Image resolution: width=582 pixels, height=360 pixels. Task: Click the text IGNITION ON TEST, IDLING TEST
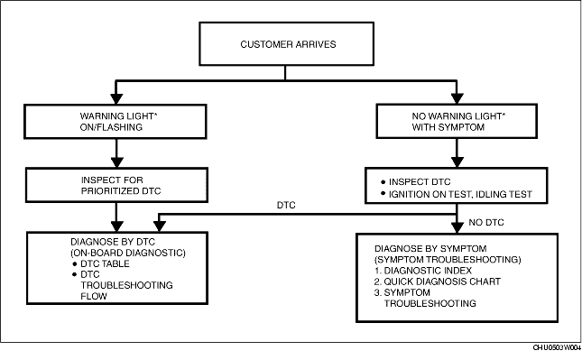[x=460, y=194]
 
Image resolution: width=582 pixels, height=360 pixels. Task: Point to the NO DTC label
[x=486, y=222]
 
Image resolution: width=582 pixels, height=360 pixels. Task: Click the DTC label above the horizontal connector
[x=286, y=205]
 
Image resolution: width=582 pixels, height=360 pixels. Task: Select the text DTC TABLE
[x=105, y=263]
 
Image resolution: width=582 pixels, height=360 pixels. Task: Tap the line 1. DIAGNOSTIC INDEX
[x=423, y=271]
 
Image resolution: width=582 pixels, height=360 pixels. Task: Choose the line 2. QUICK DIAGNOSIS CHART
[x=438, y=282]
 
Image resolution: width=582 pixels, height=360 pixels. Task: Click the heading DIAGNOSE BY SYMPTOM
[x=430, y=249]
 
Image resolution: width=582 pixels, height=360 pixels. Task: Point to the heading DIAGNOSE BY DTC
[x=113, y=242]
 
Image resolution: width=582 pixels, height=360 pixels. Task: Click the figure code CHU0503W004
[x=557, y=347]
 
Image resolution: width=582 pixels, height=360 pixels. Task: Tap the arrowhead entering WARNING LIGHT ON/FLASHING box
[x=116, y=98]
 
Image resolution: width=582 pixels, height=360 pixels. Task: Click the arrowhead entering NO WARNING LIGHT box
[x=457, y=98]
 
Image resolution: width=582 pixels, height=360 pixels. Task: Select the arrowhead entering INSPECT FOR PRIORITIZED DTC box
[x=117, y=162]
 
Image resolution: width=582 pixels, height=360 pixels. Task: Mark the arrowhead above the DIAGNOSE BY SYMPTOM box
[x=457, y=227]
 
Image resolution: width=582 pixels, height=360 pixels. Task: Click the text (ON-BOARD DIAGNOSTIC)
[x=128, y=254]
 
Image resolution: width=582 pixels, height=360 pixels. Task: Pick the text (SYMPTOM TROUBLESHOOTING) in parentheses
[x=448, y=260]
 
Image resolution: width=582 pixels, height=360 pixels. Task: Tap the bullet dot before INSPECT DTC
[x=383, y=182]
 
